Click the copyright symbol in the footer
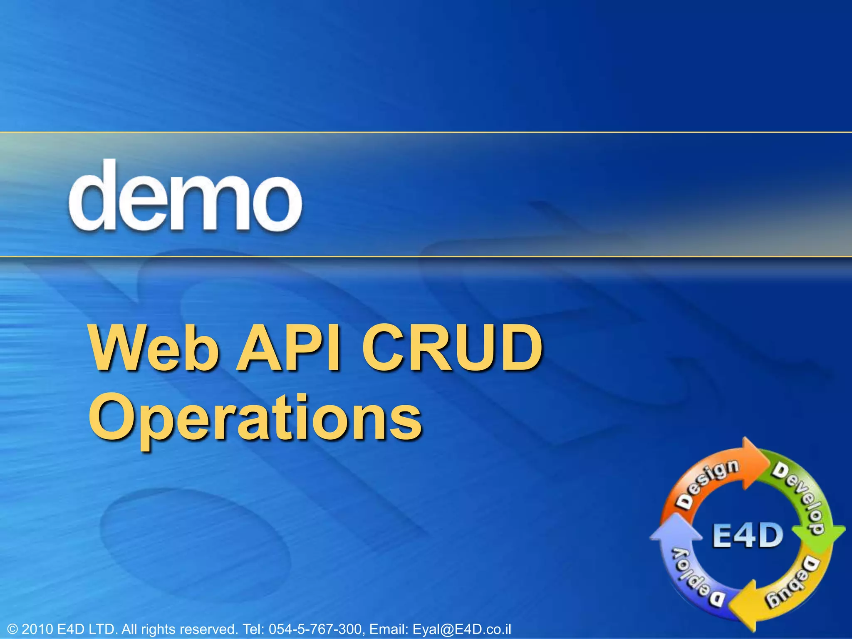[x=13, y=629]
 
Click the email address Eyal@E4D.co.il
[x=461, y=629]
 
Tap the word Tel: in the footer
[x=254, y=629]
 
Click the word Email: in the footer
[x=389, y=629]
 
